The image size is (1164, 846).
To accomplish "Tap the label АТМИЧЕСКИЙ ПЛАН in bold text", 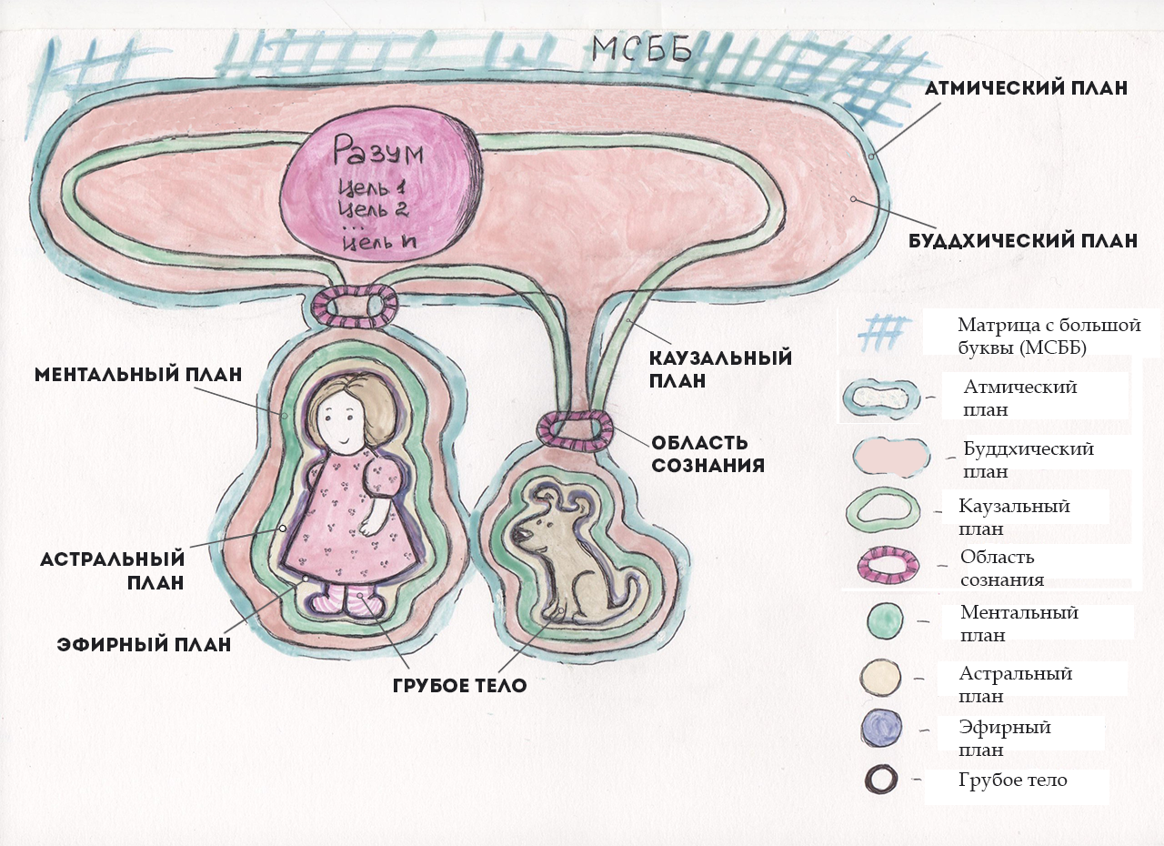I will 1026,88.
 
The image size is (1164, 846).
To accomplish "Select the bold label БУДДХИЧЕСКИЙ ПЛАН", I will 1023,242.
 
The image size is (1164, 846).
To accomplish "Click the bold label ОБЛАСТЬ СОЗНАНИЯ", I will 707,454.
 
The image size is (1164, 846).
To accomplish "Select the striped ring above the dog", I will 577,430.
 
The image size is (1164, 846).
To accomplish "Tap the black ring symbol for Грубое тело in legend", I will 880,780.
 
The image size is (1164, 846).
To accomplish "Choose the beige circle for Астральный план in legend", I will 880,677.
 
